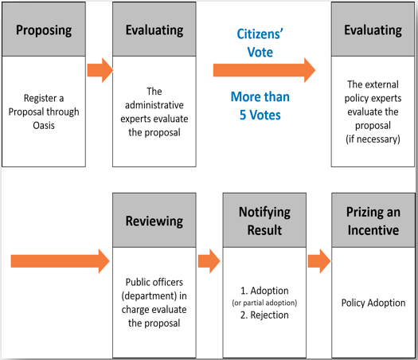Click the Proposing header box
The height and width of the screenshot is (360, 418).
[44, 29]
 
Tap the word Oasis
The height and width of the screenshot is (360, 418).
[44, 125]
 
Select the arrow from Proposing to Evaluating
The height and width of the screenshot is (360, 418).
[100, 70]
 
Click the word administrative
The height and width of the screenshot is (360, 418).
[154, 105]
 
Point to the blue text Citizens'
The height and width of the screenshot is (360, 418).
[260, 34]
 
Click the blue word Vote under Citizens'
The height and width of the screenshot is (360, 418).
[260, 52]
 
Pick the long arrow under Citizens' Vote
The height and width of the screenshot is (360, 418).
[264, 70]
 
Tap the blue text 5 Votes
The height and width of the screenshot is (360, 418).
[260, 115]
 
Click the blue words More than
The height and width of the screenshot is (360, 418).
[260, 96]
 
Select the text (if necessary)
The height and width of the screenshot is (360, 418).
[373, 139]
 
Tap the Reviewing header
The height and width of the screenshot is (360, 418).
[154, 221]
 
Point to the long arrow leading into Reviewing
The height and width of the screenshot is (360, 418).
[61, 261]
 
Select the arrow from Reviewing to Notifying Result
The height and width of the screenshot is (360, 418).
[209, 261]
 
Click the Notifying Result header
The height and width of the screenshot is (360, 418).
[264, 221]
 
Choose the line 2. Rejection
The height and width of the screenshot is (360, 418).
[264, 315]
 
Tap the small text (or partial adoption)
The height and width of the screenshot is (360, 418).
[264, 303]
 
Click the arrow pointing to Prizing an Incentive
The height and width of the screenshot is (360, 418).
[319, 261]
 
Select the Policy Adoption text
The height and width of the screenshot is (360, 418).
[373, 303]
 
